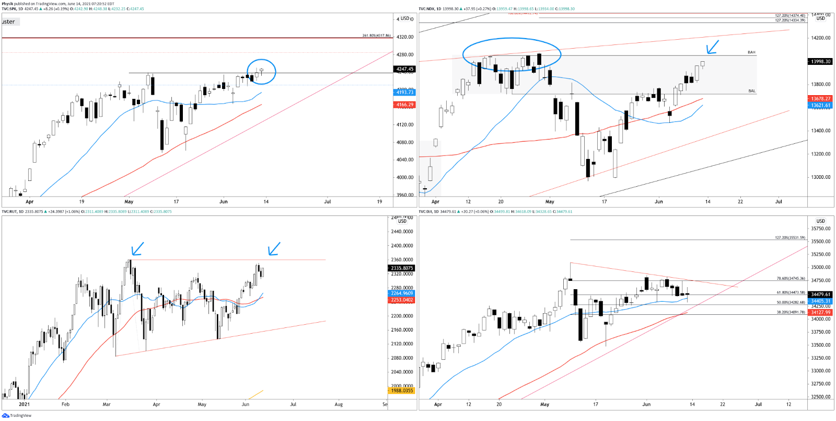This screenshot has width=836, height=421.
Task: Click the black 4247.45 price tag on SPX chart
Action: tap(404, 69)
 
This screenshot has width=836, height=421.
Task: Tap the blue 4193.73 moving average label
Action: tap(404, 92)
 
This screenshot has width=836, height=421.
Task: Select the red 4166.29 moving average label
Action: tap(404, 105)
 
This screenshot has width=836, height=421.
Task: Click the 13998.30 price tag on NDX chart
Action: tap(820, 61)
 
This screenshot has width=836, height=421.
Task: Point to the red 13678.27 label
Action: tap(820, 98)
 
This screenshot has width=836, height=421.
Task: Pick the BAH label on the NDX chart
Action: tap(751, 52)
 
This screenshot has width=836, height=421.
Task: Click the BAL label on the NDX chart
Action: tap(751, 91)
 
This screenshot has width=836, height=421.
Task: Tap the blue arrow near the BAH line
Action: tap(712, 47)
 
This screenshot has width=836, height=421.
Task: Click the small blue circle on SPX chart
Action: tap(261, 71)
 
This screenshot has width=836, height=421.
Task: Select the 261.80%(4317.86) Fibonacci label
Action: tap(376, 36)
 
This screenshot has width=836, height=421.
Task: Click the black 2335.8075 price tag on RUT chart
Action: tap(402, 268)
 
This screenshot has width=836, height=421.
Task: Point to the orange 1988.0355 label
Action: tap(402, 391)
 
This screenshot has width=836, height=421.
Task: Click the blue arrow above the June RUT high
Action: tap(274, 249)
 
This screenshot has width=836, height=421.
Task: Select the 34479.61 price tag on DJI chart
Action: tap(820, 294)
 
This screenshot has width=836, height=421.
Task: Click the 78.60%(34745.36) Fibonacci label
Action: tap(791, 279)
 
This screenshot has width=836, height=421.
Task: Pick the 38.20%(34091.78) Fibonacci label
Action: tap(791, 312)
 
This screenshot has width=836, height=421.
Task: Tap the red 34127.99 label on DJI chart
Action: tap(820, 312)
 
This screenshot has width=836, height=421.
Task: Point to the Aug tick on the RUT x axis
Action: tap(339, 404)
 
